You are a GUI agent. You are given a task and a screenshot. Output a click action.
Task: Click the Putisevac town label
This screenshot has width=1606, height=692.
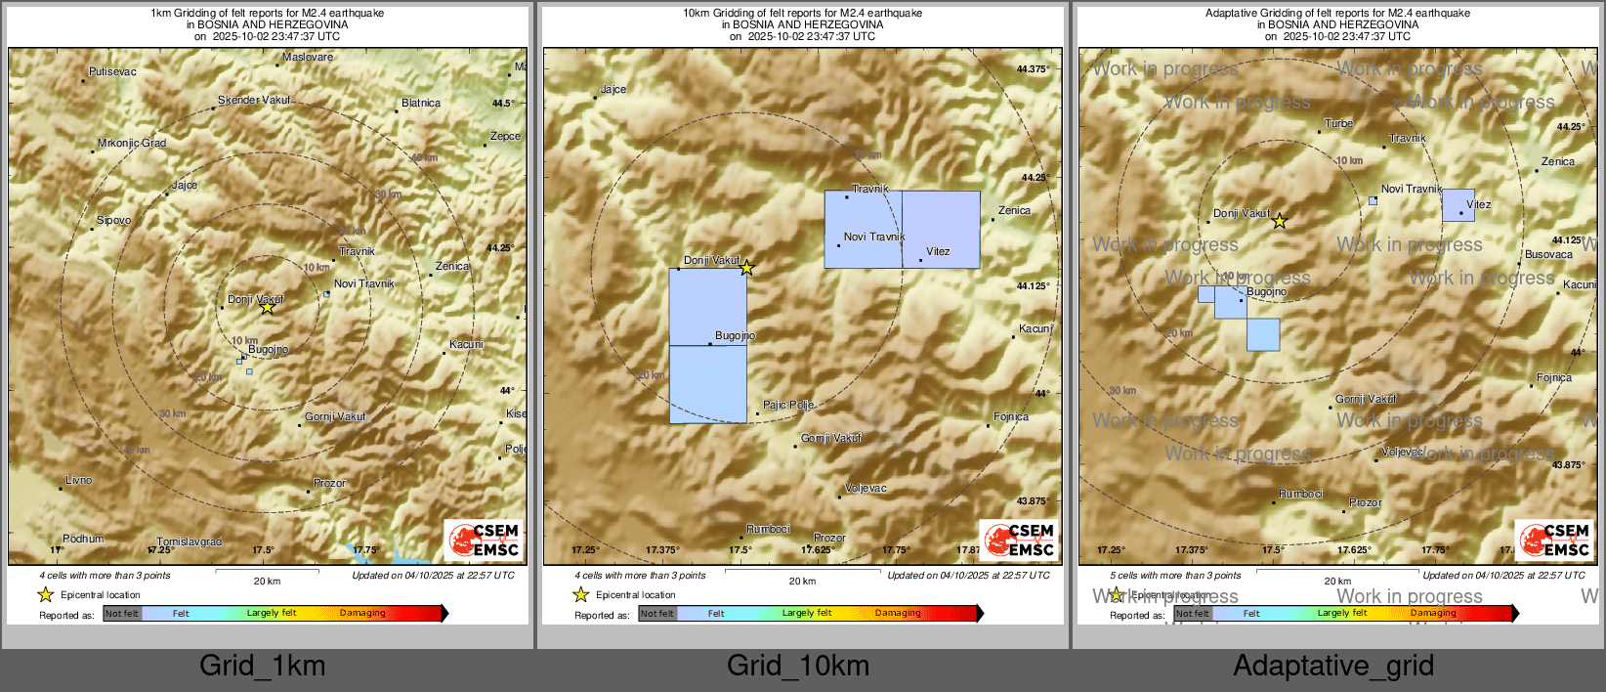112,71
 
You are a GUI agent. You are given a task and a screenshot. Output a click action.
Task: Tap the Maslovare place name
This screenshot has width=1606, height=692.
308,58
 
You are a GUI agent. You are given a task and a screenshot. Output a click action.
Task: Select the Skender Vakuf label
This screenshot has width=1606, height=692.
254,100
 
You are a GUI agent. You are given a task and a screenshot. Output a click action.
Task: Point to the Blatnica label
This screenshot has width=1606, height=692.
421,103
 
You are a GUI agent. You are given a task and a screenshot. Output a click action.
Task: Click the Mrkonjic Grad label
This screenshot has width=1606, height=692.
132,143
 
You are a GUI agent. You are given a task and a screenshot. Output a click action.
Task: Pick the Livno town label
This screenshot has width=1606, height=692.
79,480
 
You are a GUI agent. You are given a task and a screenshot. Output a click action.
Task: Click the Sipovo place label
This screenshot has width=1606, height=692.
113,220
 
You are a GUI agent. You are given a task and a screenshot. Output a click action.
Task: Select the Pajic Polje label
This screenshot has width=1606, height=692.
788,405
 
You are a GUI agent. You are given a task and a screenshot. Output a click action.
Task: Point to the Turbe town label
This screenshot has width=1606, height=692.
1338,124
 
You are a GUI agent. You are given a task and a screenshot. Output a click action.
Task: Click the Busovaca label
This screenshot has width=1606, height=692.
1549,254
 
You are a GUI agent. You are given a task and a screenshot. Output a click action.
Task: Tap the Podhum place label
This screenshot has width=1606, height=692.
83,539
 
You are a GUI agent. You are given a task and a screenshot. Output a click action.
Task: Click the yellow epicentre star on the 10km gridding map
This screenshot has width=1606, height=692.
746,268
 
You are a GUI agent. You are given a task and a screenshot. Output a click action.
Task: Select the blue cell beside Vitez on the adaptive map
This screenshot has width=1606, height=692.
1458,205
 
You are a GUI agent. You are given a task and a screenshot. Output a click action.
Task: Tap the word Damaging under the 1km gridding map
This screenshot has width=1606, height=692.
362,614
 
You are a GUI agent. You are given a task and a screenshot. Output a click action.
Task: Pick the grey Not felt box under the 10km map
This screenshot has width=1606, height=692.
657,614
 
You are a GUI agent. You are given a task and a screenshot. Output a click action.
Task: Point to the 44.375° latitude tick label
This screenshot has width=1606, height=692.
1033,69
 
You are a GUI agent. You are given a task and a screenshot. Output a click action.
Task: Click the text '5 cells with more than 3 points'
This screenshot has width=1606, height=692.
1175,576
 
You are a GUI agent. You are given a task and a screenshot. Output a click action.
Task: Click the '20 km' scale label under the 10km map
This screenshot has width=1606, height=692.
802,582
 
